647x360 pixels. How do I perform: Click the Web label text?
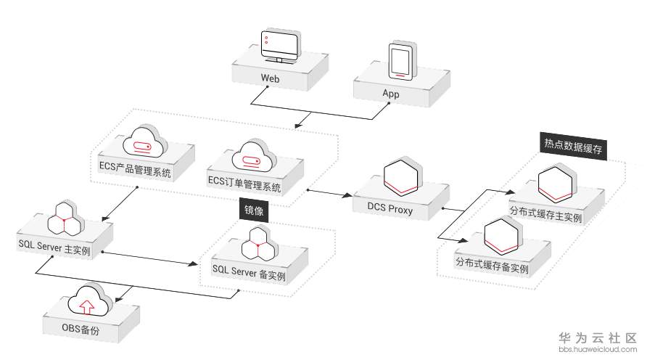tap(271, 78)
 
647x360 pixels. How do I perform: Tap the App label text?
tap(391, 94)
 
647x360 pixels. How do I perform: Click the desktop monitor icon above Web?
tap(277, 47)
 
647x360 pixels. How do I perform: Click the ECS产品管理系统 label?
tap(136, 173)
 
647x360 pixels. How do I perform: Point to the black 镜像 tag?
tap(254, 210)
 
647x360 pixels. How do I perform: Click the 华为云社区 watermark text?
tap(597, 338)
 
